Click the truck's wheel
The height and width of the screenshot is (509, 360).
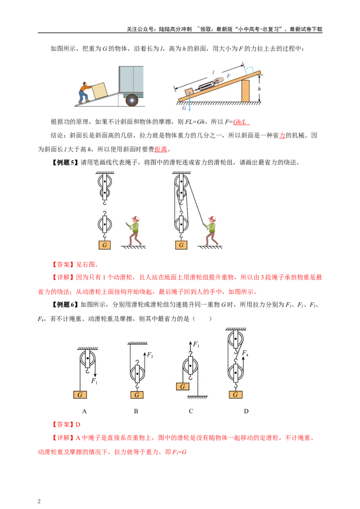point(131,100)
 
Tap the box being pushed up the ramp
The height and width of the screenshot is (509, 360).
point(99,89)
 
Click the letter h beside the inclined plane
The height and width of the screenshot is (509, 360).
point(259,89)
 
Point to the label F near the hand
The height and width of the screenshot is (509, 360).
point(228,76)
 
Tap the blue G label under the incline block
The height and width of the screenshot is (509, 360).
point(184,108)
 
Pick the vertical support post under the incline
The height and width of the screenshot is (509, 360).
point(245,91)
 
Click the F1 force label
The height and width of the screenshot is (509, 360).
point(94,381)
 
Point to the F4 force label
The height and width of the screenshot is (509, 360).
point(245,354)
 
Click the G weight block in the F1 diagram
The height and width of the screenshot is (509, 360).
point(80,395)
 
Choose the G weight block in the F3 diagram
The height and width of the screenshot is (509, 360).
point(183,386)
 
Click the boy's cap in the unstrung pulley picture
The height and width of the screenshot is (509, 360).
point(136,218)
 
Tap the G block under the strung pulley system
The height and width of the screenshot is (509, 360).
point(181,245)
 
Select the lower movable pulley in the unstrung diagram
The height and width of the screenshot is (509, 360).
point(105,223)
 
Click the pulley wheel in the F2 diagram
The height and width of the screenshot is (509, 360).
point(137,373)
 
